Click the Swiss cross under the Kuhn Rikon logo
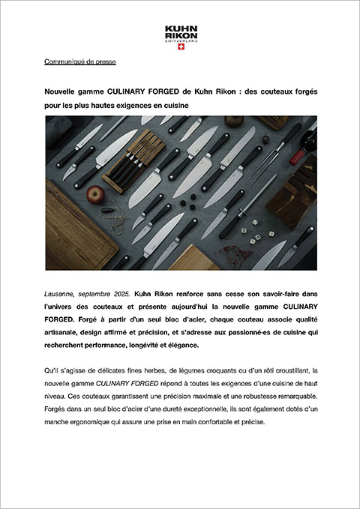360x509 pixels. click(x=181, y=46)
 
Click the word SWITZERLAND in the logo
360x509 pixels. click(x=181, y=41)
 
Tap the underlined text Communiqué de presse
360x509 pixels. click(x=80, y=61)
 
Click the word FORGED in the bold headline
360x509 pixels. click(x=163, y=92)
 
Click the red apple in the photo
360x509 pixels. click(x=95, y=195)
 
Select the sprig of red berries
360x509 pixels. click(x=235, y=255)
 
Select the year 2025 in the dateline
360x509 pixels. click(x=121, y=294)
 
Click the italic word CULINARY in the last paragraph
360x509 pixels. click(x=109, y=384)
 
